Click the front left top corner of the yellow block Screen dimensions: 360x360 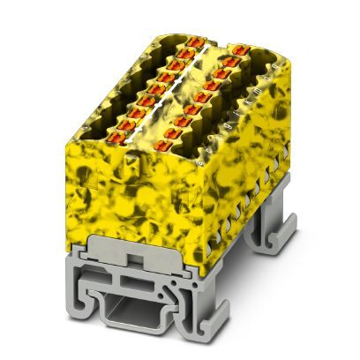click(71, 142)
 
